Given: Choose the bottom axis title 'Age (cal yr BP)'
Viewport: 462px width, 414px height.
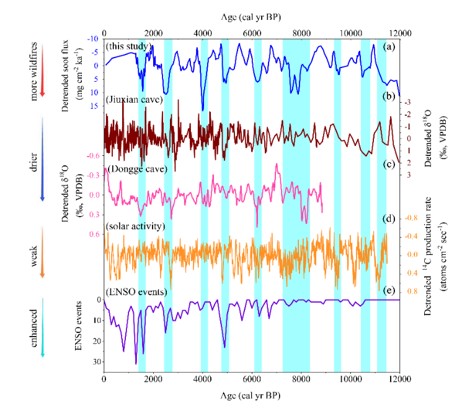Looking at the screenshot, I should [252, 394].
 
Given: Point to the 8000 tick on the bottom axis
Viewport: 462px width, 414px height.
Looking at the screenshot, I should [301, 378].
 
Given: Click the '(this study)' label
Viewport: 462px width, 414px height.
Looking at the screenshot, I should [127, 46].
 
